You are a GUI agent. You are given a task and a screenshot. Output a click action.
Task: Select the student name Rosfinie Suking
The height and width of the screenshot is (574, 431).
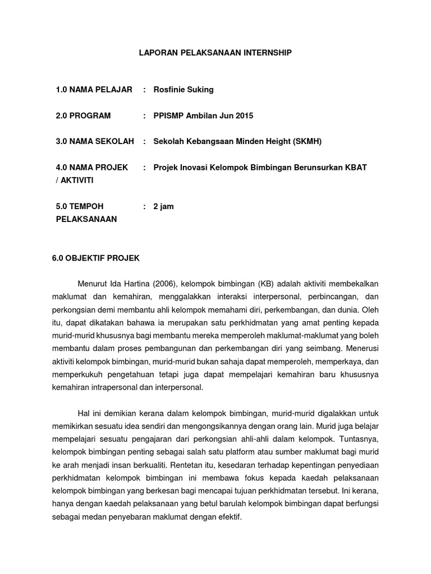click(x=184, y=90)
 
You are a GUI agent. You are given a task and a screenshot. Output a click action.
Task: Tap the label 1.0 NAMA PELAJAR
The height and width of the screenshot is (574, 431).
click(x=94, y=90)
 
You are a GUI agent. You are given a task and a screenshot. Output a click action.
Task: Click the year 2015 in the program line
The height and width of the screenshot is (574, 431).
click(x=244, y=115)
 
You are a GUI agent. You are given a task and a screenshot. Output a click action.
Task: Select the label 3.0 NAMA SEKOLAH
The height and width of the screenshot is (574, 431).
click(x=95, y=141)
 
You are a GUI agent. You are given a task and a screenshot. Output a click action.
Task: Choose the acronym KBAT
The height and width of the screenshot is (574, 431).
click(x=356, y=167)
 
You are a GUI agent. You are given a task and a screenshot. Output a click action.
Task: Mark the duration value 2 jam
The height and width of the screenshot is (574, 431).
click(x=164, y=206)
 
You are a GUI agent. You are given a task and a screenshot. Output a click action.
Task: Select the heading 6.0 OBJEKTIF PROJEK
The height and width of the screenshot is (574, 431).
click(x=95, y=258)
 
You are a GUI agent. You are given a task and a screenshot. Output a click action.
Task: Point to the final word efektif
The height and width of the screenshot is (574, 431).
click(x=230, y=516)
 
